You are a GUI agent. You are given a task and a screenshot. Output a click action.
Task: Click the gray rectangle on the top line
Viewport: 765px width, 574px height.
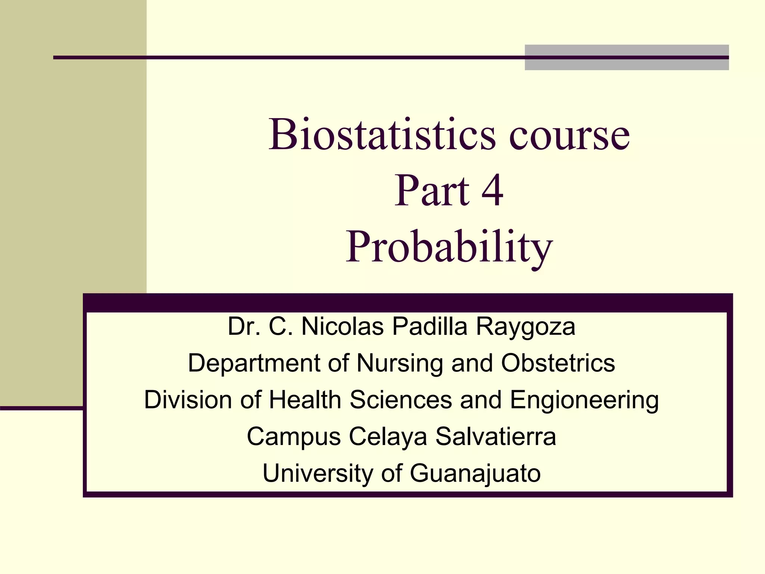626,57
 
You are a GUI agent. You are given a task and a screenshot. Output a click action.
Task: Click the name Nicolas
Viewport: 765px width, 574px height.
342,326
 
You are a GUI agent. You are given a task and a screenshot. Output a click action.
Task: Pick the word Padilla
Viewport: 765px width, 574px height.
430,326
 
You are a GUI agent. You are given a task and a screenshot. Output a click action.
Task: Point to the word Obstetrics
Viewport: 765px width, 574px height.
558,363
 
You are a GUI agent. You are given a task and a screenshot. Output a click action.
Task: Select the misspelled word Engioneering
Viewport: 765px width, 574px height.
584,400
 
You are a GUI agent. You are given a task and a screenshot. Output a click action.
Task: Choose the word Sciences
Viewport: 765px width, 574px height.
401,399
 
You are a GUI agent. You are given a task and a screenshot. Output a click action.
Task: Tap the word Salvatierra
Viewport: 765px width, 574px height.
496,436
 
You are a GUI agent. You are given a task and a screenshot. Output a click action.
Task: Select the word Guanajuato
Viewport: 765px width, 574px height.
475,473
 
